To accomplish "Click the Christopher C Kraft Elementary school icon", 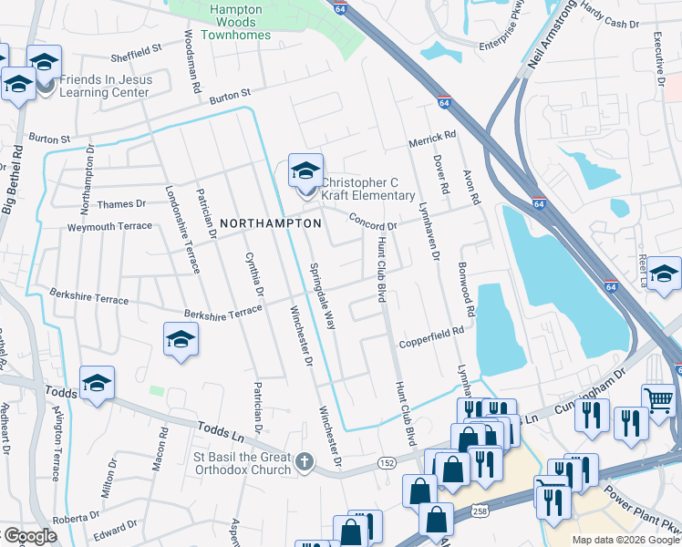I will (x=306, y=170).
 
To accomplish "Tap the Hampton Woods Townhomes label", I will (x=241, y=23).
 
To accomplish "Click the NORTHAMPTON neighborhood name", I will (x=271, y=223).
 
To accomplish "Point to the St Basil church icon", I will (x=305, y=463).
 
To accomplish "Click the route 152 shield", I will (x=386, y=464).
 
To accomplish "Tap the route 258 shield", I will (x=480, y=513).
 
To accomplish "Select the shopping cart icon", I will (x=658, y=398).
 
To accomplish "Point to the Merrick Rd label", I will (x=431, y=137).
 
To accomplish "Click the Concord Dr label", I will (x=374, y=222).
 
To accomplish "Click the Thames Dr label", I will (x=119, y=204).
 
